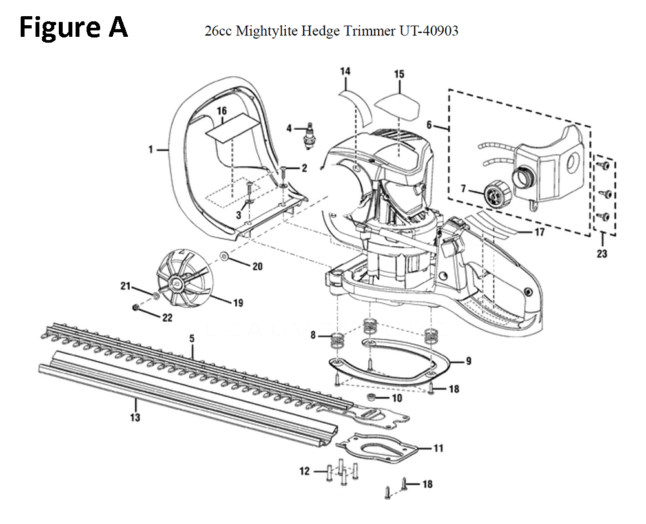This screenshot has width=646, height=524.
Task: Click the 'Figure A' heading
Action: click(73, 28)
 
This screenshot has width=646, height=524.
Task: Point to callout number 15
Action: click(399, 74)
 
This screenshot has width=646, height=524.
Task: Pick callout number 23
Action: click(601, 254)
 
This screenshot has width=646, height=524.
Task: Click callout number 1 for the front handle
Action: click(150, 149)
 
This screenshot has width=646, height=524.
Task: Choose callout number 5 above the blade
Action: click(192, 339)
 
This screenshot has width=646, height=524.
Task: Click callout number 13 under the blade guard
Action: click(134, 417)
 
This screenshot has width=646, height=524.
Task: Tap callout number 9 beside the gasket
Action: click(468, 361)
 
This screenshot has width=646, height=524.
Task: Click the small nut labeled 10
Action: click(373, 395)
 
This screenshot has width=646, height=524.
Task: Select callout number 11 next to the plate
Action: click(439, 447)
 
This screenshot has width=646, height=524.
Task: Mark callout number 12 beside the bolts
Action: click(304, 472)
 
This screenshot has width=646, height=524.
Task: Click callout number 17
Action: click(539, 231)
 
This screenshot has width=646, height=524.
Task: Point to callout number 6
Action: click(429, 125)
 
